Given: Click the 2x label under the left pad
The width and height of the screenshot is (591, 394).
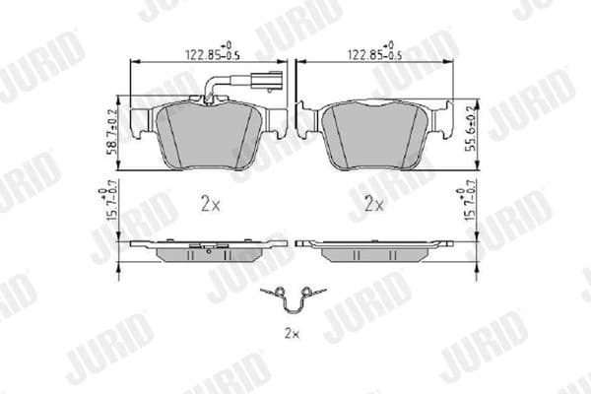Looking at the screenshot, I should (209, 205).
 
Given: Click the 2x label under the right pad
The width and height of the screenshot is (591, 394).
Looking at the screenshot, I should (373, 205).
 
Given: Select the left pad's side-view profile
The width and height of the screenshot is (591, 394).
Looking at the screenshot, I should (209, 247).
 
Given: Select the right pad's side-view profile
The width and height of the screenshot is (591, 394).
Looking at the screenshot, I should (374, 247).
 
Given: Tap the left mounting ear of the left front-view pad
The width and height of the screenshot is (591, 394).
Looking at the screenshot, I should (141, 122).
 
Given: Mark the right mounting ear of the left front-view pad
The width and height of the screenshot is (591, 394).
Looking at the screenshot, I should (276, 122).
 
